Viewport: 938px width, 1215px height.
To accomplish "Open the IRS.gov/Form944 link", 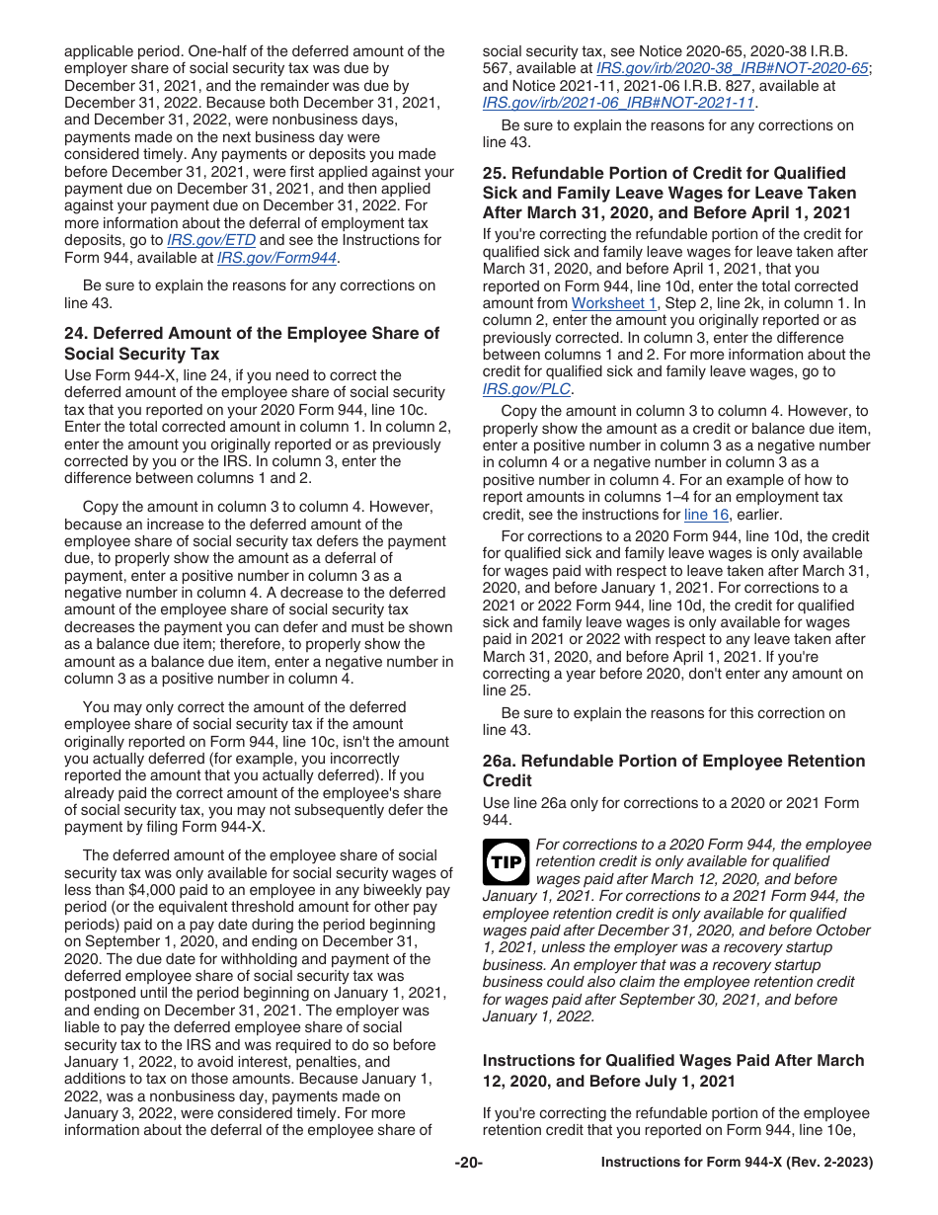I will [x=276, y=258].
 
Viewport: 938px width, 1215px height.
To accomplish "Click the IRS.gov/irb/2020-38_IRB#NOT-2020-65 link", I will [x=733, y=68].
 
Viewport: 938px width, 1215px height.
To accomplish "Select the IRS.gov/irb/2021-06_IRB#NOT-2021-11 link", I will [x=618, y=102].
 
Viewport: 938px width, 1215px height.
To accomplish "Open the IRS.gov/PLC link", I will [x=526, y=389].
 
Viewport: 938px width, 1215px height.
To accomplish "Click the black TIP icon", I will [x=506, y=861].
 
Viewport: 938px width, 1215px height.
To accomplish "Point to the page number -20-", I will [x=468, y=1163].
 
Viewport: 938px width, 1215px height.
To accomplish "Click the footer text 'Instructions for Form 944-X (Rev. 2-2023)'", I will [x=737, y=1163].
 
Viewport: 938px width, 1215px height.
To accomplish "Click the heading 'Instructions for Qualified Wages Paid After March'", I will [x=673, y=1060].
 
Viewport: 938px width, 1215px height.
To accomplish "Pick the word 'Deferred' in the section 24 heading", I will [x=129, y=333].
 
